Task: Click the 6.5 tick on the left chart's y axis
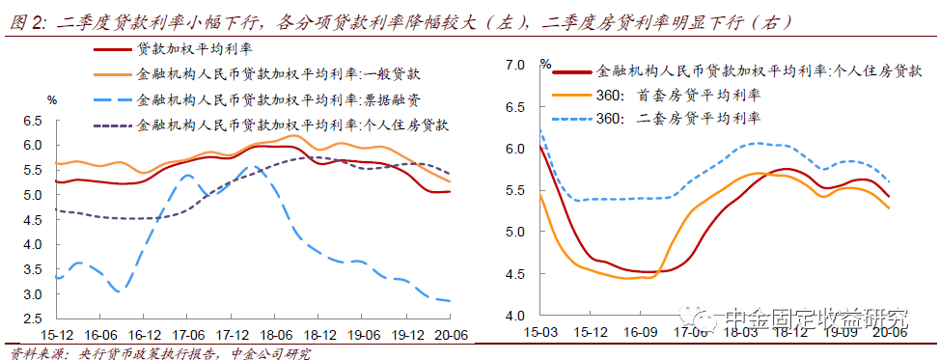35,121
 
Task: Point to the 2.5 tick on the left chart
35,318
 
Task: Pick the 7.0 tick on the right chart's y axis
514,65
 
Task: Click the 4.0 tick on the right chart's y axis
514,316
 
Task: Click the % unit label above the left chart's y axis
52,100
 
